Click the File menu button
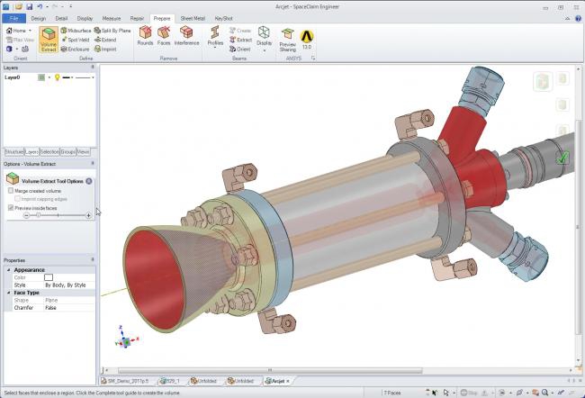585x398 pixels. pyautogui.click(x=14, y=17)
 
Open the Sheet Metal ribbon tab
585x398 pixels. pyautogui.click(x=193, y=17)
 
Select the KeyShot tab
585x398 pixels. pyautogui.click(x=224, y=17)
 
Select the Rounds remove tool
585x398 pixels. pyautogui.click(x=145, y=36)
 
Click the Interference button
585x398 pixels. pyautogui.click(x=186, y=36)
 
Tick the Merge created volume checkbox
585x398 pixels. pyautogui.click(x=10, y=191)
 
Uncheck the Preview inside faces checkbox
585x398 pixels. pyautogui.click(x=10, y=207)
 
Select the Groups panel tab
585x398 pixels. pyautogui.click(x=68, y=152)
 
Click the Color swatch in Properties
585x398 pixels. pyautogui.click(x=49, y=276)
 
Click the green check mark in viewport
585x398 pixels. pyautogui.click(x=562, y=158)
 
